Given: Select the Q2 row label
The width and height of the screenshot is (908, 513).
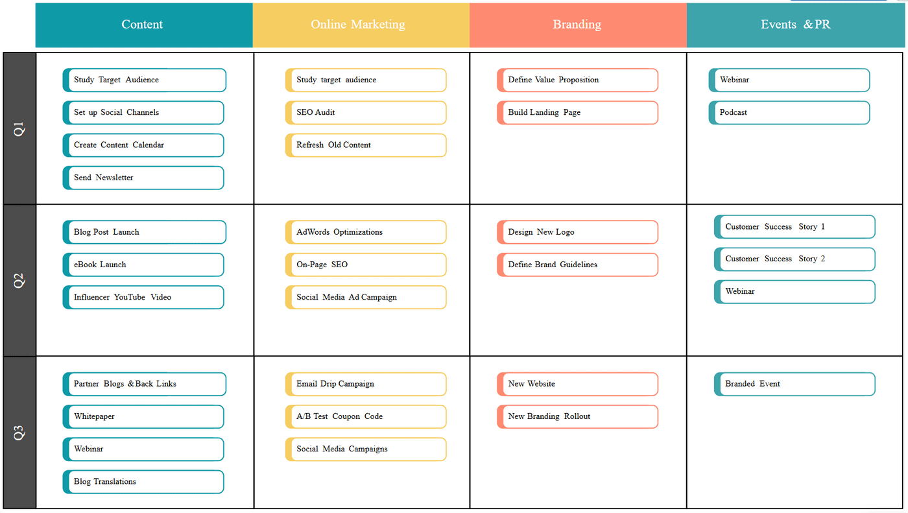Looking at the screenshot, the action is tap(19, 280).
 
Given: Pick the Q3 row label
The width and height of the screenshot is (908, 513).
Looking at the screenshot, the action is tap(19, 433).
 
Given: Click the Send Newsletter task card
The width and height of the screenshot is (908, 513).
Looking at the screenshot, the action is tap(143, 178).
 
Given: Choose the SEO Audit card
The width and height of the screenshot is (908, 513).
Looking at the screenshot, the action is tap(366, 112).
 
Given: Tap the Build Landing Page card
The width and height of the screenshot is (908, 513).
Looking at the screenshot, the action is tap(578, 112).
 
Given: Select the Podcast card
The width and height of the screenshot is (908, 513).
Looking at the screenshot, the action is tap(789, 112).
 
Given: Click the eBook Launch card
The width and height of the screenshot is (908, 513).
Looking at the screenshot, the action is tap(143, 265).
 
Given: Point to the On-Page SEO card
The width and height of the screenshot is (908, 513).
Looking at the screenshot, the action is tap(366, 265).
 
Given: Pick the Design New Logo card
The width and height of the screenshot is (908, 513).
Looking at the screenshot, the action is tap(578, 232).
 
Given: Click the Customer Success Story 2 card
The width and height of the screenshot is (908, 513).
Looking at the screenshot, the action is tap(794, 259).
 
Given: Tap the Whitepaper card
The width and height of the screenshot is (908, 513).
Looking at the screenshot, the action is tap(143, 416).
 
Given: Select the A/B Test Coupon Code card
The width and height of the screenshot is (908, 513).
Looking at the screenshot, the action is tap(366, 416).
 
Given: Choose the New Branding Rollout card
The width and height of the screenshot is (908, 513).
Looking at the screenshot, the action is tap(578, 416).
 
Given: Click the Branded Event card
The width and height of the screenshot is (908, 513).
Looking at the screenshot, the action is tap(794, 384).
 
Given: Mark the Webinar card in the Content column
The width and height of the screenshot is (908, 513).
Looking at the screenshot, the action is tap(143, 449).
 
